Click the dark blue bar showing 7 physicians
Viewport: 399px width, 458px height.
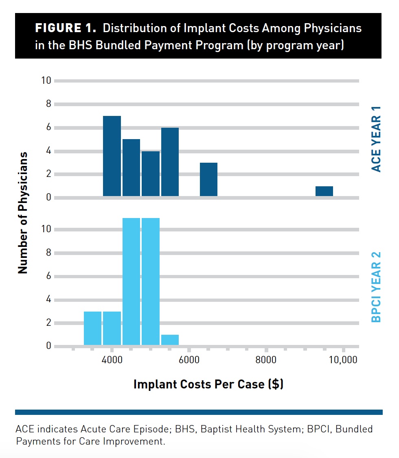pos(112,156)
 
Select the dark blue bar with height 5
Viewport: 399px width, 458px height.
pos(131,168)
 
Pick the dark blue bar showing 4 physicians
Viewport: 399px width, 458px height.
pos(151,174)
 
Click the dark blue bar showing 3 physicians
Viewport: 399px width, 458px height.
pos(208,179)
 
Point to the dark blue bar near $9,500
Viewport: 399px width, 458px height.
pos(324,191)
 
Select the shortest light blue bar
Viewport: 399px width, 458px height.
pos(170,340)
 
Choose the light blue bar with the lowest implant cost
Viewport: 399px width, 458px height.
pos(92,329)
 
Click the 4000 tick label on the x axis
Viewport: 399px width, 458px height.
pos(112,360)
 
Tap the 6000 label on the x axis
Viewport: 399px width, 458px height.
pos(189,360)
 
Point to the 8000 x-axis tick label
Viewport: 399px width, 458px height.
pos(266,360)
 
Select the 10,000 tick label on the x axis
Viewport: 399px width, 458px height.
pos(342,360)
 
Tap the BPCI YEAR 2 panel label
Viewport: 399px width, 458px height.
pos(377,287)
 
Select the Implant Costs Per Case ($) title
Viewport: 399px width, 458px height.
pos(208,384)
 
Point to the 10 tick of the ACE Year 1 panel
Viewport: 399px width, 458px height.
pos(46,81)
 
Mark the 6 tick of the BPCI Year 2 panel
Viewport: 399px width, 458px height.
pos(48,276)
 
